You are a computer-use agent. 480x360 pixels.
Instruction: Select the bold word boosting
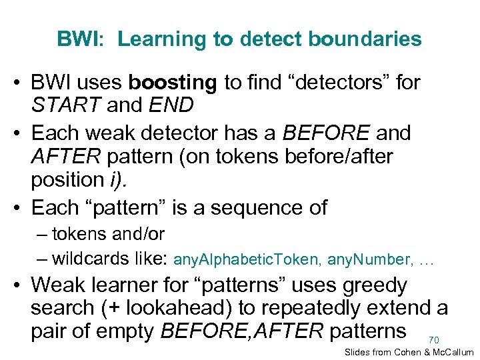click(173, 82)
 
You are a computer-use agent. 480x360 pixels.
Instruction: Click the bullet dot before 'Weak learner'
click(19, 285)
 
